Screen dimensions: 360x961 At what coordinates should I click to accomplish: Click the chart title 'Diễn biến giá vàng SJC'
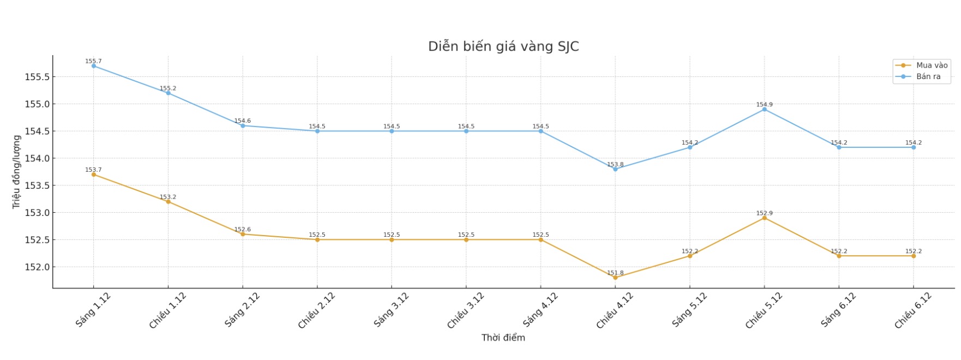point(503,46)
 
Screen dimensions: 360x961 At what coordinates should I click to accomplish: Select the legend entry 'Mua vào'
point(932,65)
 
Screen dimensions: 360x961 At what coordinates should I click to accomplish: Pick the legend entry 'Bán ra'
point(928,76)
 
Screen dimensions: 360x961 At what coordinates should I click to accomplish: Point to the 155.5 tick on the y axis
point(37,77)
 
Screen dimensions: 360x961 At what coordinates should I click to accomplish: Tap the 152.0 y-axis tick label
point(37,267)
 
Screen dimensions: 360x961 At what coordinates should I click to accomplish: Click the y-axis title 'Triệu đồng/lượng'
point(16,172)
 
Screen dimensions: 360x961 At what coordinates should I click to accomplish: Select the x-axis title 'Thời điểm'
point(503,338)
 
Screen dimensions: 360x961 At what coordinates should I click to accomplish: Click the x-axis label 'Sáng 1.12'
point(93,309)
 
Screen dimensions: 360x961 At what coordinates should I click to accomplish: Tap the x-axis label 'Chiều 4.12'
point(615,310)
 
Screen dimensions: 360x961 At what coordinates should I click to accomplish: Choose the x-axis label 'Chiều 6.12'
point(913,310)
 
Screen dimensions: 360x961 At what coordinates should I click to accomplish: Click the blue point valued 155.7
point(94,66)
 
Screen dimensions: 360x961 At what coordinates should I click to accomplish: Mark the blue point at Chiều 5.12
point(764,109)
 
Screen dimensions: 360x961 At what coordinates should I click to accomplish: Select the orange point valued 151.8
point(615,278)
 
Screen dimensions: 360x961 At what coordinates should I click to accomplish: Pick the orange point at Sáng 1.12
point(94,175)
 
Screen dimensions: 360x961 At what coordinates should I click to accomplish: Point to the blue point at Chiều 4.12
point(615,169)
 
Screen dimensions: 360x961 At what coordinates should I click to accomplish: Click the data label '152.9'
point(764,213)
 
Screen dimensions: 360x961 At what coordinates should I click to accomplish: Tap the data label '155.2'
point(168,88)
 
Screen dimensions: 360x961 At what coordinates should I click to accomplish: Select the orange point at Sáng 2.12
point(243,234)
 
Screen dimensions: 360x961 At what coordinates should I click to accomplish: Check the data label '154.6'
point(243,121)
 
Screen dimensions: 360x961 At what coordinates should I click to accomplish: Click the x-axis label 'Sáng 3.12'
point(392,309)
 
